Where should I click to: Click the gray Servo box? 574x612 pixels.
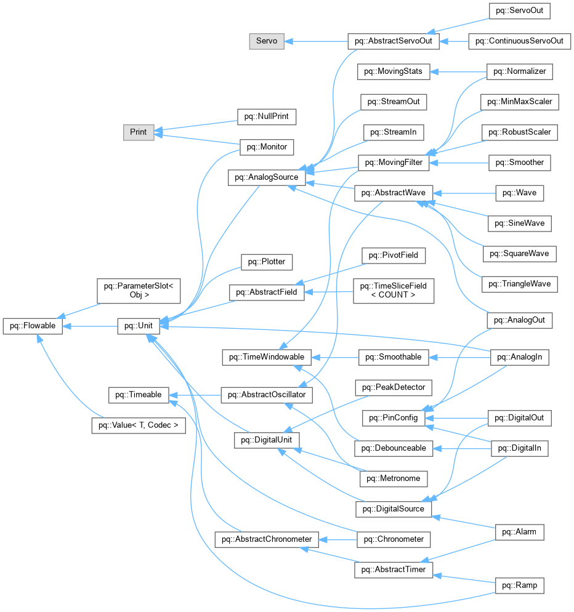point(267,42)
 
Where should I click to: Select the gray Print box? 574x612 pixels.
point(139,132)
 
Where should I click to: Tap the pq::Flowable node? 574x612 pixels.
point(33,326)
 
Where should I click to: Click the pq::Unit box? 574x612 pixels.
point(139,326)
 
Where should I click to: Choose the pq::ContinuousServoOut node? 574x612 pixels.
point(520,42)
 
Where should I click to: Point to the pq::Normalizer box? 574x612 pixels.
point(520,71)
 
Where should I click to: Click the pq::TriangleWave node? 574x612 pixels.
point(520,284)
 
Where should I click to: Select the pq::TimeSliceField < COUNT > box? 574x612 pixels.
point(393,290)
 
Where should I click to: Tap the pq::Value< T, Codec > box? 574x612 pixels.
point(138,425)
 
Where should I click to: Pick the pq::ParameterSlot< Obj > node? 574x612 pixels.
point(138,290)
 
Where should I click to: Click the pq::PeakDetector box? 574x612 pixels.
point(393,387)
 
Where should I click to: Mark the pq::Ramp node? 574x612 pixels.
point(520,585)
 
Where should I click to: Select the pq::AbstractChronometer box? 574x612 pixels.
point(266,540)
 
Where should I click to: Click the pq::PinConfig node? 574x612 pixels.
point(393,418)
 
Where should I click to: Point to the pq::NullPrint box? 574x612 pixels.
point(267,116)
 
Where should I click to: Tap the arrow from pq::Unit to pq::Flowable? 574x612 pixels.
point(90,326)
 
